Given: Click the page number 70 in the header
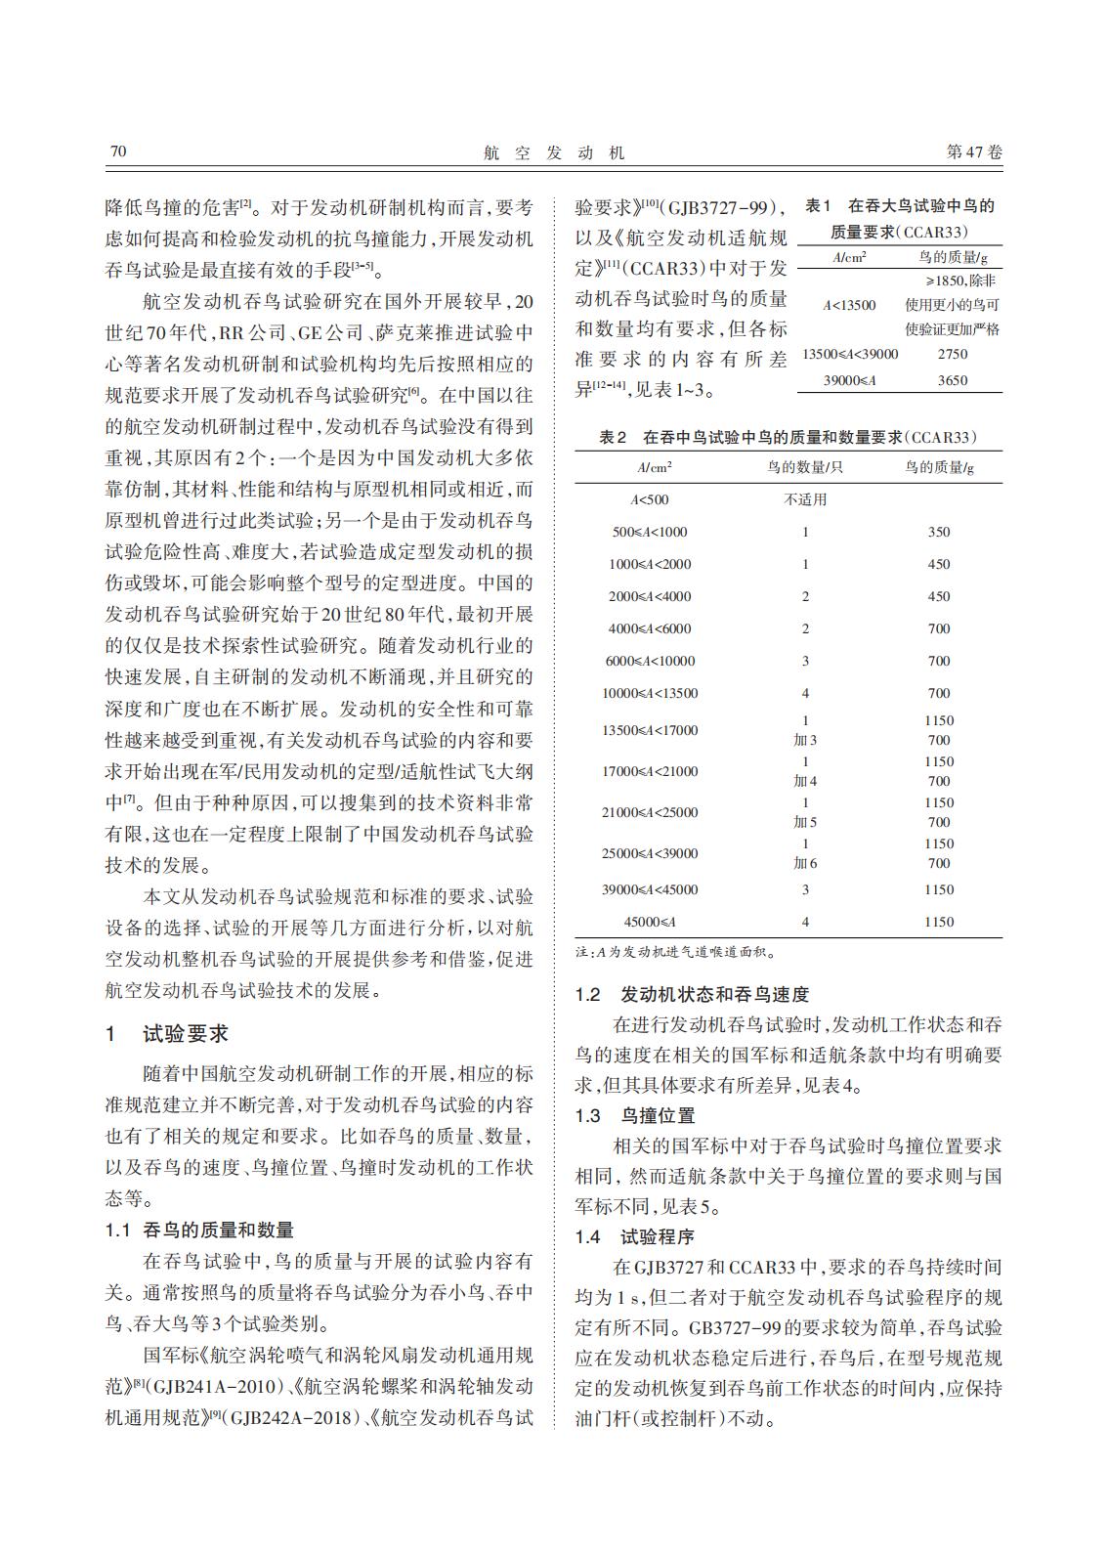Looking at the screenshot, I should pos(116,151).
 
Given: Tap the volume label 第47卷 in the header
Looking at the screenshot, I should pos(974,152).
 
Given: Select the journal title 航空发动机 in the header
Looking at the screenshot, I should pos(554,152).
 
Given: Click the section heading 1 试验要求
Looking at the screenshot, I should pos(167,1034).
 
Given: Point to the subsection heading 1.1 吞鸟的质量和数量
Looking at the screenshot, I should pos(199,1231).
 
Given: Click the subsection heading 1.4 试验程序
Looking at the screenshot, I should pos(635,1237).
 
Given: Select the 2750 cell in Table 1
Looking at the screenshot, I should pos(952,355).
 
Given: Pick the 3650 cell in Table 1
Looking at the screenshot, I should pos(952,380).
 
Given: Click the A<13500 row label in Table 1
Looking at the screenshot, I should pos(849,305).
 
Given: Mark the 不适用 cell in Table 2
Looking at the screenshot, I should pos(805,499).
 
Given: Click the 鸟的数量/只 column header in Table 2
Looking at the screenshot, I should pos(805,467).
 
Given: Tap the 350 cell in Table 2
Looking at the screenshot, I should pos(938,532).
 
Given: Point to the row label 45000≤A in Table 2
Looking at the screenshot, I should pos(650,922).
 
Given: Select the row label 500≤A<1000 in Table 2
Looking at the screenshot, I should pos(650,532).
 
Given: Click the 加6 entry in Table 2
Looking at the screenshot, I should pos(805,863).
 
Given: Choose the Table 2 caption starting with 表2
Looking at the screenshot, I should pos(788,438).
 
